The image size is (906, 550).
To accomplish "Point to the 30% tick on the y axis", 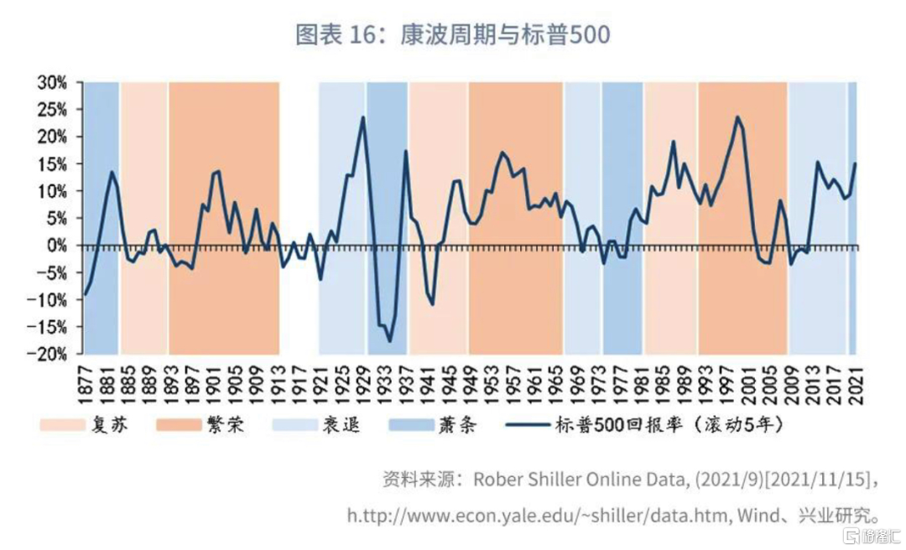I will pyautogui.click(x=52, y=82).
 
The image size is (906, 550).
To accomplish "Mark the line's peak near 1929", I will pyautogui.click(x=363, y=117).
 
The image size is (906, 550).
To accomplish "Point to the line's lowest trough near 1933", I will pyautogui.click(x=389, y=340).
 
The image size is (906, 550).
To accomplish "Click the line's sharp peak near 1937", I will pyautogui.click(x=406, y=152).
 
